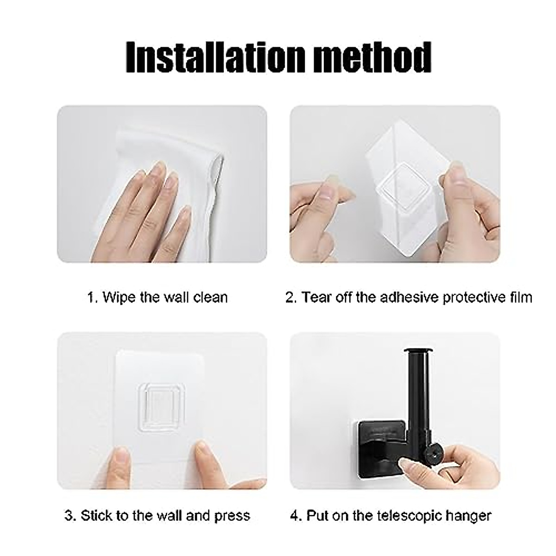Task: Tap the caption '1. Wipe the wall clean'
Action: pyautogui.click(x=158, y=297)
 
